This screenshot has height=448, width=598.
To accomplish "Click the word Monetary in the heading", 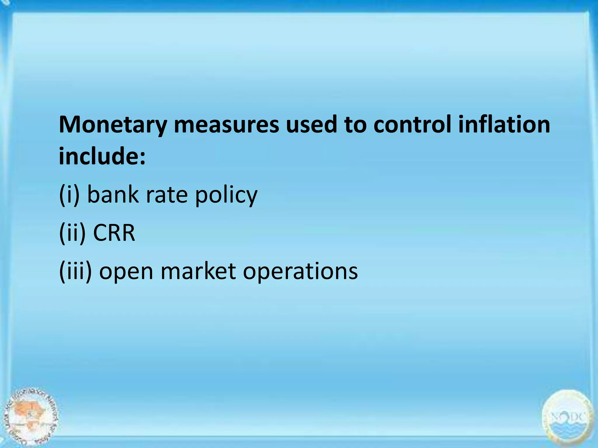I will [x=113, y=125].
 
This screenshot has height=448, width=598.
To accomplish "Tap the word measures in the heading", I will [x=226, y=125].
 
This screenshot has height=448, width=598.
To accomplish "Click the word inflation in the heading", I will [x=504, y=125].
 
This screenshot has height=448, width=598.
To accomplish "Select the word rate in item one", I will [x=167, y=195].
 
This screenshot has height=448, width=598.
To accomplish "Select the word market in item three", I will [x=198, y=271].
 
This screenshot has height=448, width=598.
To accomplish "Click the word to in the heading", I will [x=355, y=125].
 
